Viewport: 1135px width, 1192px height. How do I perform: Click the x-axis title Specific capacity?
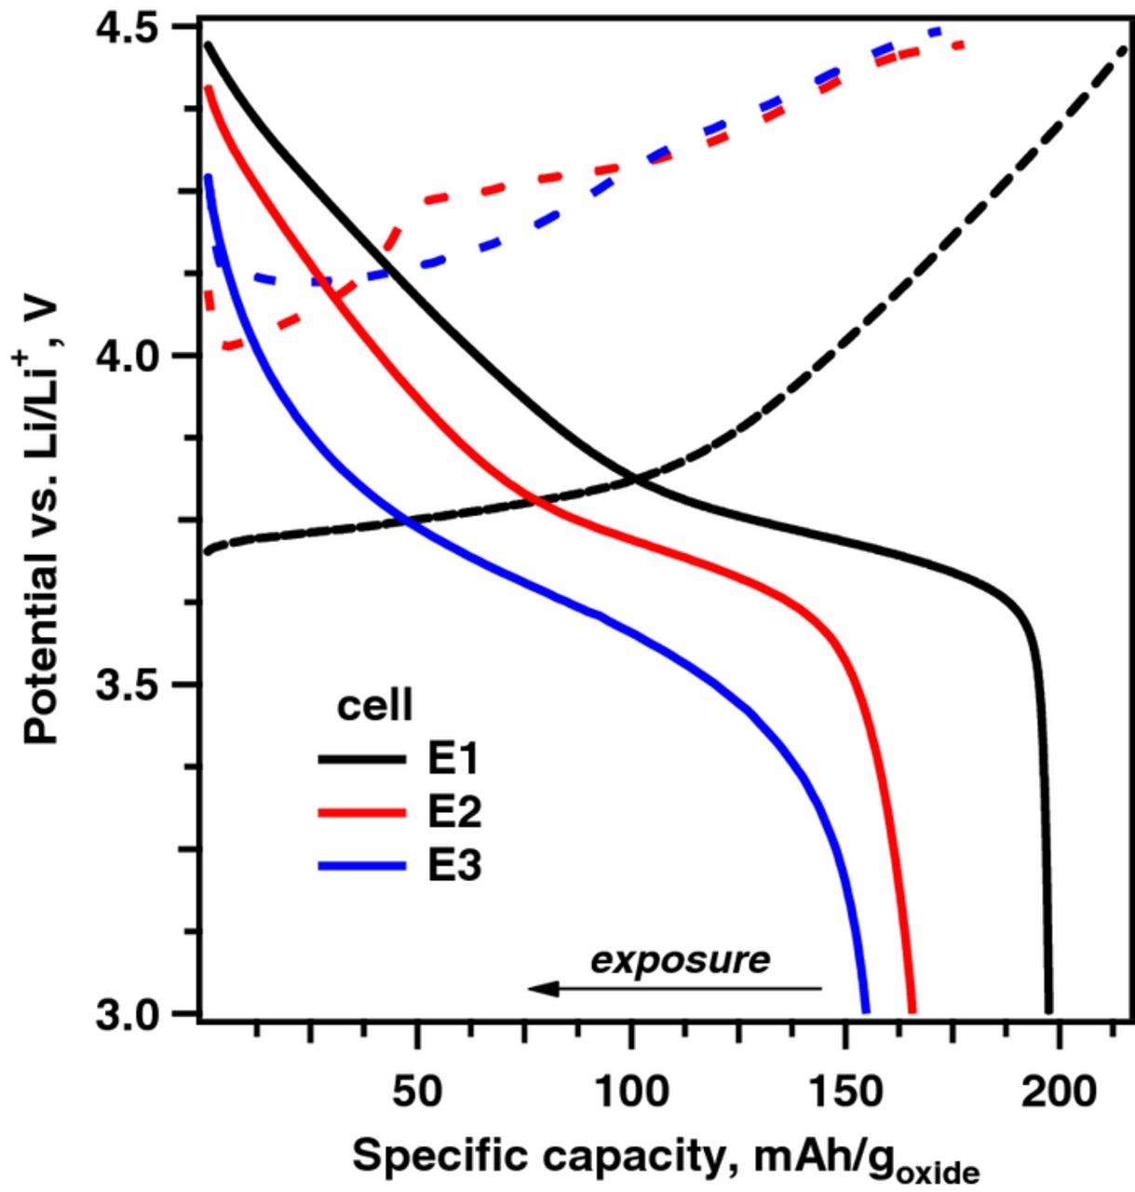coord(665,1158)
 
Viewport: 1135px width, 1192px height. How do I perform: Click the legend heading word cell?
coord(373,706)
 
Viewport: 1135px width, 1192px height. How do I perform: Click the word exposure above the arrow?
coord(681,959)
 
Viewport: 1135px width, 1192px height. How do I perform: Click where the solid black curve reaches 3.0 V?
coord(1048,1009)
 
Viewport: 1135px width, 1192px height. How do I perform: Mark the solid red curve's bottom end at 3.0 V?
coord(912,1009)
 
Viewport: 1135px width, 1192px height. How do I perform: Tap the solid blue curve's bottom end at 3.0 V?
coord(866,1009)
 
